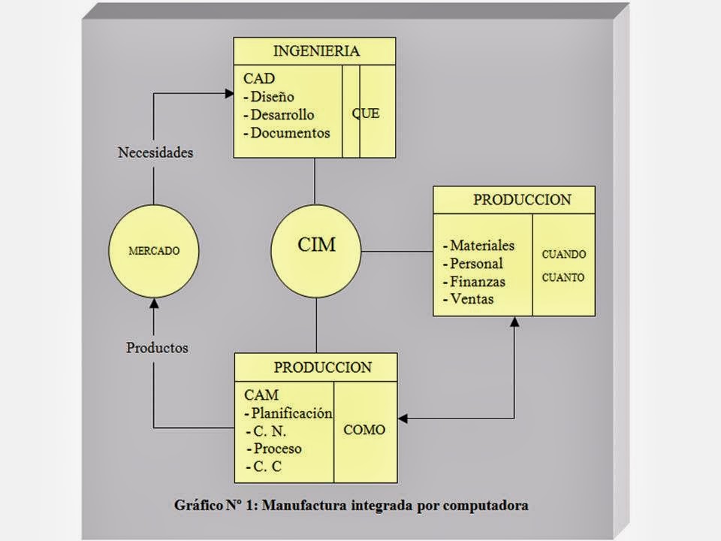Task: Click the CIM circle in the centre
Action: click(316, 249)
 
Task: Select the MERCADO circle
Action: click(154, 251)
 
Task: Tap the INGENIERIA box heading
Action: click(316, 52)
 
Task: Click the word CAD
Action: click(259, 78)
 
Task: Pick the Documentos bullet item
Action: click(290, 133)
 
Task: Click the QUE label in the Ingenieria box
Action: click(366, 114)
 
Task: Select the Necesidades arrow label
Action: click(155, 153)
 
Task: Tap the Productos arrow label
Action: click(157, 348)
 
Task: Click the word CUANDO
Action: click(564, 254)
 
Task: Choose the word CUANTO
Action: click(563, 277)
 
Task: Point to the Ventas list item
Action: click(472, 299)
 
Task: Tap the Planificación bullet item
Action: click(291, 413)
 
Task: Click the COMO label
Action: click(364, 430)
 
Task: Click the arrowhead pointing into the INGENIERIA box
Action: click(228, 93)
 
